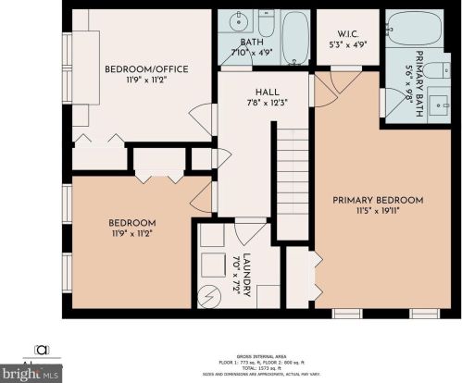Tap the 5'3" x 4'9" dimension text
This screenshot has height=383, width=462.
348,43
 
